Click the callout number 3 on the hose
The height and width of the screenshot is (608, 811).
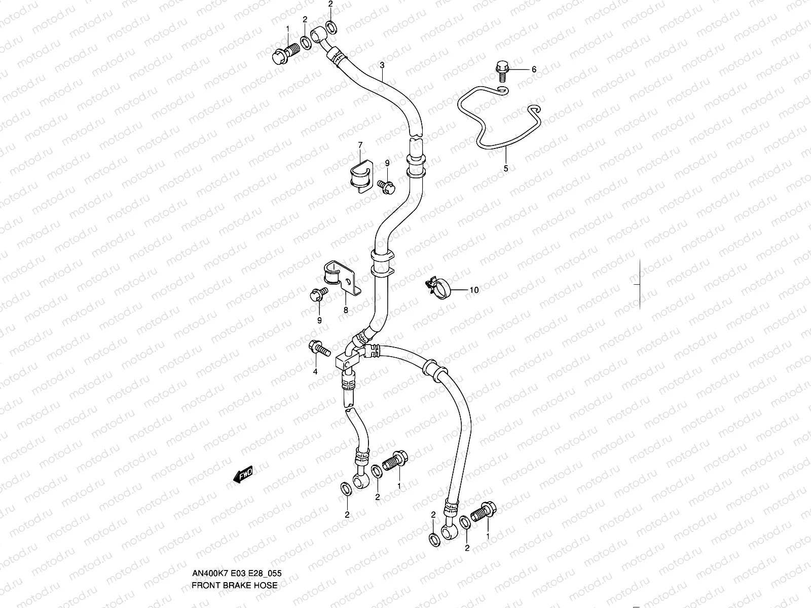382,65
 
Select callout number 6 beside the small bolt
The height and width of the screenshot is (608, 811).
533,69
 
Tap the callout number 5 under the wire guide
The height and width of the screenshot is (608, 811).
505,168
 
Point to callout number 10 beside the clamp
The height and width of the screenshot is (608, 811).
473,290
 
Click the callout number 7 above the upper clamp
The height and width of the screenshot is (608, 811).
360,145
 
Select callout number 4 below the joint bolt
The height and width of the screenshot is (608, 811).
315,371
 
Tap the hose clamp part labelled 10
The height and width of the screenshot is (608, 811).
437,287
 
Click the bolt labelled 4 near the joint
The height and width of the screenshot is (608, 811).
319,348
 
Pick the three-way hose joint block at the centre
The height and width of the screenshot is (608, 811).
349,358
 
